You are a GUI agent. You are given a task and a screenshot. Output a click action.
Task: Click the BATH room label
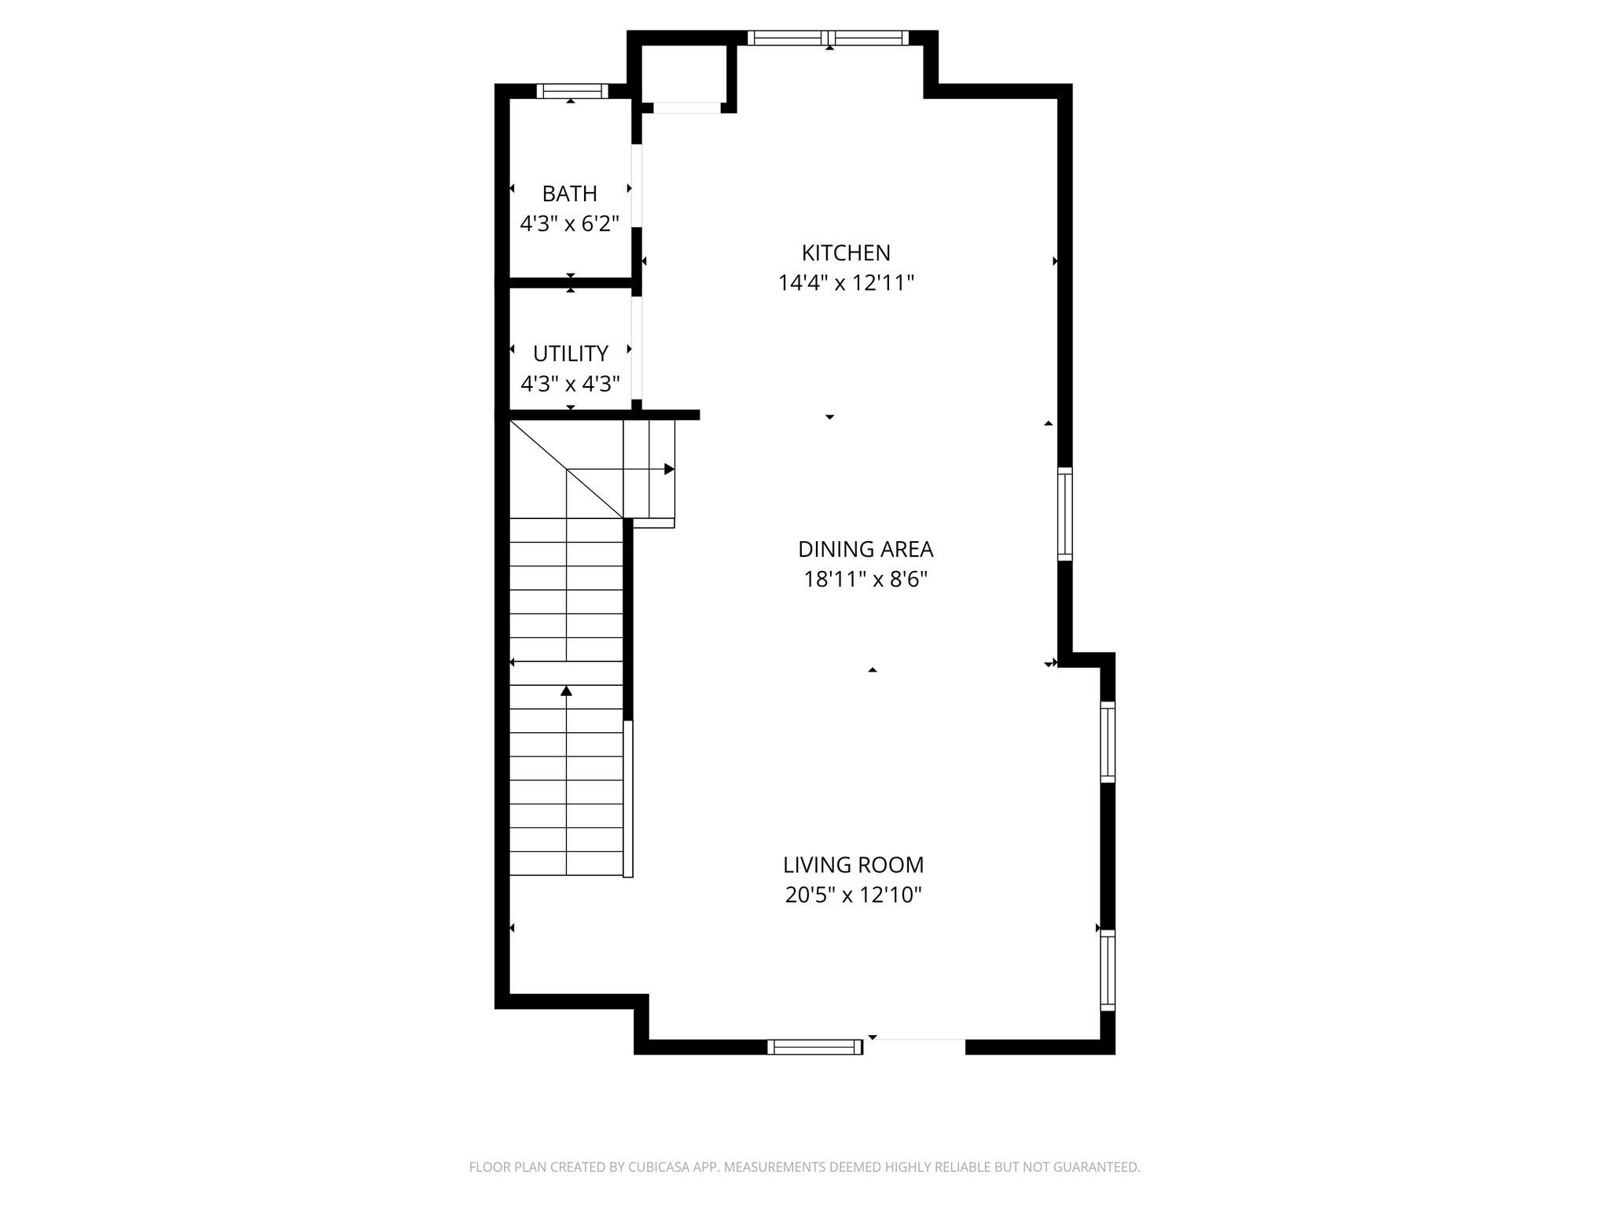[569, 193]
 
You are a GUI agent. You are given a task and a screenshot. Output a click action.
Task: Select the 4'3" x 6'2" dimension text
[569, 224]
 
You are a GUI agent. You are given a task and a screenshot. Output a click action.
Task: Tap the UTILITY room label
[570, 353]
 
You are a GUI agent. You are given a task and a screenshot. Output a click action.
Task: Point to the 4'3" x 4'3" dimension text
[570, 384]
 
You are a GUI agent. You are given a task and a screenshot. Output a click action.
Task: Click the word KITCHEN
[846, 252]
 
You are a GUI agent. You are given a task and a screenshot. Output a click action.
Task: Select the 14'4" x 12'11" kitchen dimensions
[846, 283]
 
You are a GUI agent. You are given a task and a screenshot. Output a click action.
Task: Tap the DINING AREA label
[866, 549]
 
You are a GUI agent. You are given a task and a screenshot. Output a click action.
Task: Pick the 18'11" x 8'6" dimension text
[866, 580]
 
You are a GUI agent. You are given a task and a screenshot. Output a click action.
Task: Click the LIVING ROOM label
[853, 865]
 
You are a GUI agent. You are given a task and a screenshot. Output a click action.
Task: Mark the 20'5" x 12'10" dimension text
[853, 895]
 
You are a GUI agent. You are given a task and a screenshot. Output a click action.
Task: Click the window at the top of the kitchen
[828, 38]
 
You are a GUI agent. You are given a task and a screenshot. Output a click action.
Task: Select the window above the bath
[572, 91]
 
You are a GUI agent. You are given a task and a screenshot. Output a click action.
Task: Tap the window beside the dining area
[1064, 514]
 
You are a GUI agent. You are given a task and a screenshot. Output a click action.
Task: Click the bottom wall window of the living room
[814, 1046]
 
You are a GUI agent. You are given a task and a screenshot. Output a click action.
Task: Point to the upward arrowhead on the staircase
[566, 691]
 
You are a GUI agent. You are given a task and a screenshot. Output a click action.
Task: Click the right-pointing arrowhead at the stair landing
[669, 470]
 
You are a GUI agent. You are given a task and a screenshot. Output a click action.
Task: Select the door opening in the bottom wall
[914, 1044]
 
